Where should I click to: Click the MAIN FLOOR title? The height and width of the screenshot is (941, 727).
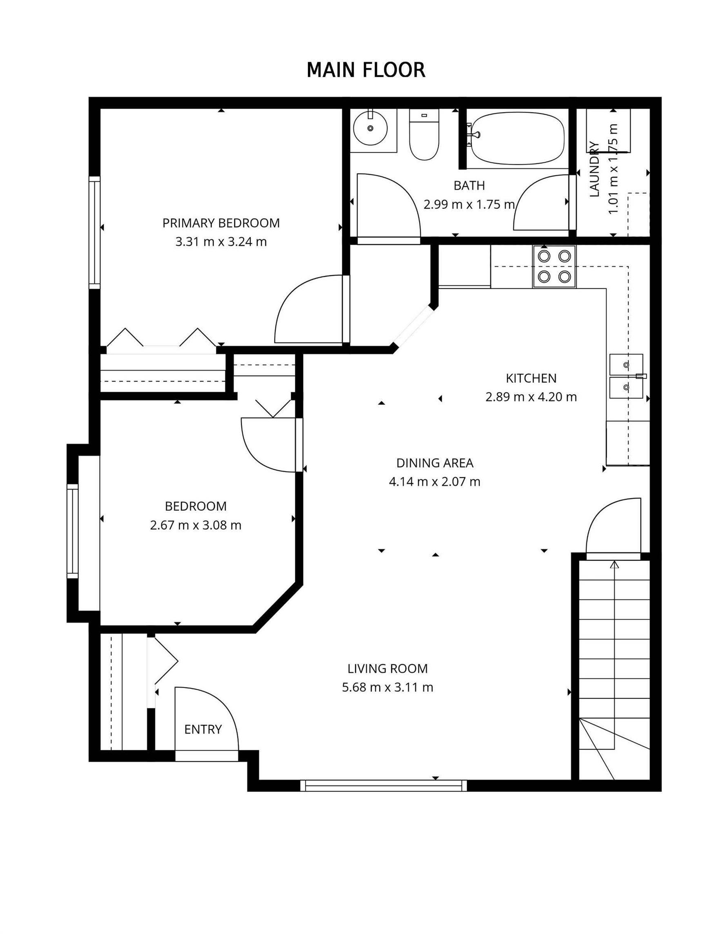pyautogui.click(x=366, y=70)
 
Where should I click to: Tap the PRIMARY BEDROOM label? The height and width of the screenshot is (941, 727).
pyautogui.click(x=221, y=223)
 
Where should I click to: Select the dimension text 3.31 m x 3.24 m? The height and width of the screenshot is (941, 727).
pyautogui.click(x=221, y=242)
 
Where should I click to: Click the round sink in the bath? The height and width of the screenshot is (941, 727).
pyautogui.click(x=370, y=128)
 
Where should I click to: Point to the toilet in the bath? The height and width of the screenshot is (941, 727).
pyautogui.click(x=424, y=134)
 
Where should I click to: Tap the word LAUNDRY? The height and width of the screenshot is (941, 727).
pyautogui.click(x=594, y=169)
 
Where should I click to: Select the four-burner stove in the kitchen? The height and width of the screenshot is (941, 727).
pyautogui.click(x=554, y=266)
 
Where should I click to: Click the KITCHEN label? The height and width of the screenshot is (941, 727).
pyautogui.click(x=531, y=378)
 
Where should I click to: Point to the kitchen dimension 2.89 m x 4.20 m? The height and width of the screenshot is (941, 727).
pyautogui.click(x=531, y=397)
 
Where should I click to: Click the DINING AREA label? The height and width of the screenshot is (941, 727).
pyautogui.click(x=435, y=463)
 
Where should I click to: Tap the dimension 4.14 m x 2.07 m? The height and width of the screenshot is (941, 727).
pyautogui.click(x=435, y=482)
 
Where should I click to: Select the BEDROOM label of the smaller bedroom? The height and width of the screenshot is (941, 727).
pyautogui.click(x=196, y=506)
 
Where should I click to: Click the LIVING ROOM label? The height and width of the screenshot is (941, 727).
pyautogui.click(x=388, y=669)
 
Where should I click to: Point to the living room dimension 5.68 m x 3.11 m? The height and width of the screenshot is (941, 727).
pyautogui.click(x=388, y=687)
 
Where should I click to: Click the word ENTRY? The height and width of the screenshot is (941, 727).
pyautogui.click(x=203, y=729)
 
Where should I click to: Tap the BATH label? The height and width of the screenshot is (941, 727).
pyautogui.click(x=469, y=186)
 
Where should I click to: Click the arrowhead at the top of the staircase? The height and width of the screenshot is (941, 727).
pyautogui.click(x=614, y=565)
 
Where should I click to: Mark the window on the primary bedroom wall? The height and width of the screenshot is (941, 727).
pyautogui.click(x=95, y=232)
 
